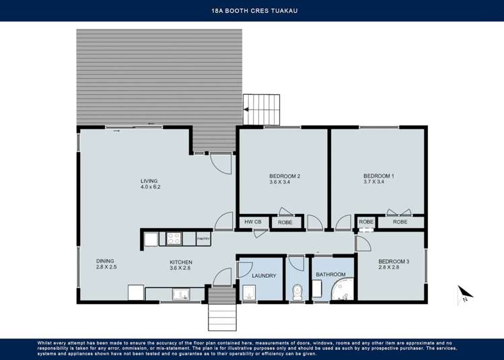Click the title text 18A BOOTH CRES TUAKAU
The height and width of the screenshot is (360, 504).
[x=252, y=10]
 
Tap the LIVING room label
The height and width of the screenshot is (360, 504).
[x=149, y=180]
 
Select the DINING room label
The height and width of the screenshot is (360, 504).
[x=106, y=260]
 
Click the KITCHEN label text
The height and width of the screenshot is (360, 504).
[x=181, y=262]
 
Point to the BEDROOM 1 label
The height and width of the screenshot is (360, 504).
[x=378, y=176]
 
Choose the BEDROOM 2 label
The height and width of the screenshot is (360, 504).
[x=284, y=176]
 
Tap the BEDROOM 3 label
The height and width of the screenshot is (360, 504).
[x=393, y=261]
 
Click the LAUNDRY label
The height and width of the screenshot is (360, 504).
[x=264, y=275]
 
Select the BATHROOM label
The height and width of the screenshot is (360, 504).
[x=330, y=275]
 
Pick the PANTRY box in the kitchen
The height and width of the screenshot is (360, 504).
[x=203, y=238]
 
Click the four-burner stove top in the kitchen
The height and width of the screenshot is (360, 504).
[x=174, y=238]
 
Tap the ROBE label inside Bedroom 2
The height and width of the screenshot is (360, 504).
[x=285, y=221]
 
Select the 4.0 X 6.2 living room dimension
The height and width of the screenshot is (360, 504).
[x=150, y=187]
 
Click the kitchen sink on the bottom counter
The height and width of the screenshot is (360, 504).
[x=180, y=293]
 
